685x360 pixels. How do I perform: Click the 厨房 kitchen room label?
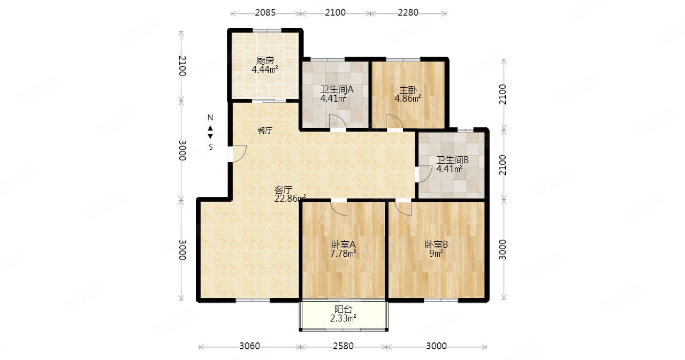tap(265, 60)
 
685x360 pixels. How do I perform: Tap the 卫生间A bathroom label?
tap(337, 89)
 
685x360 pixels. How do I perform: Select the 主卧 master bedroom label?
tap(408, 90)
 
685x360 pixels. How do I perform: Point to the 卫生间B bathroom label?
tap(452, 160)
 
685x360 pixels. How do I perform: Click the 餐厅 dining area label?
tap(265, 131)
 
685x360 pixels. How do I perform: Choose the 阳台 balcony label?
tap(344, 309)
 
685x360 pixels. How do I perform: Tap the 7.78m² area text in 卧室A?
tap(343, 254)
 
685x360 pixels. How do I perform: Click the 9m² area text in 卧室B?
tap(436, 254)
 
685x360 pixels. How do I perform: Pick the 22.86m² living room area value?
tap(290, 198)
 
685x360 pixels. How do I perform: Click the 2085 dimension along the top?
tap(265, 12)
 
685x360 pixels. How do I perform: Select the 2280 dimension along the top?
tap(408, 12)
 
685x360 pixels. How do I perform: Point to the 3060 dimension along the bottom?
tap(249, 346)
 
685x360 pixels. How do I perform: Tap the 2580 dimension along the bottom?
tap(343, 346)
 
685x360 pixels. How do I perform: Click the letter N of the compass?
tap(210, 118)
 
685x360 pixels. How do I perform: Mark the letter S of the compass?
tap(211, 147)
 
